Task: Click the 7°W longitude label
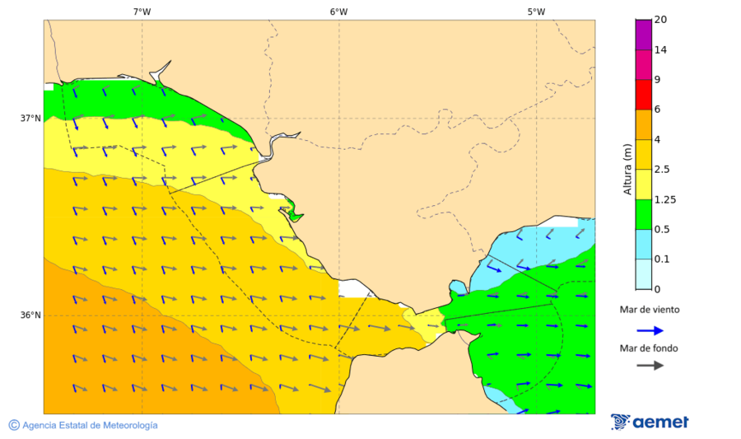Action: (x=142, y=12)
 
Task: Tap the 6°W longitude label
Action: (x=338, y=12)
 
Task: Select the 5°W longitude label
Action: (x=536, y=12)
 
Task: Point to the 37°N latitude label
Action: (x=30, y=119)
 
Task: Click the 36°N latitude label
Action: (x=30, y=315)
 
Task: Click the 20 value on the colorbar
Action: (x=659, y=20)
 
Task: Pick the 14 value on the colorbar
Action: (x=659, y=50)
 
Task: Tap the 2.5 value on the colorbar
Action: (x=661, y=170)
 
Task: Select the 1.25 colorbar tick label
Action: (x=664, y=199)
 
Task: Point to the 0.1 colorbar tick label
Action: (x=661, y=259)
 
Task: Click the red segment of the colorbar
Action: (x=643, y=95)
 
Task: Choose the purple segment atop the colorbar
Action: (x=643, y=35)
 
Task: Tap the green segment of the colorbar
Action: (x=643, y=214)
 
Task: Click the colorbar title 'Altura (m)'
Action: (x=627, y=170)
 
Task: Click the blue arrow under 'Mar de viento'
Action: (x=650, y=330)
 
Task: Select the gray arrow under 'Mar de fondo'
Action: (x=650, y=365)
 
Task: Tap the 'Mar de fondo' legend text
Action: (x=650, y=348)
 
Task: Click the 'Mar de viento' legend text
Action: (x=650, y=311)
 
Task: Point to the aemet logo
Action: (x=650, y=422)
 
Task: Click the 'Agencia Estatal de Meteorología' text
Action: (x=90, y=425)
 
